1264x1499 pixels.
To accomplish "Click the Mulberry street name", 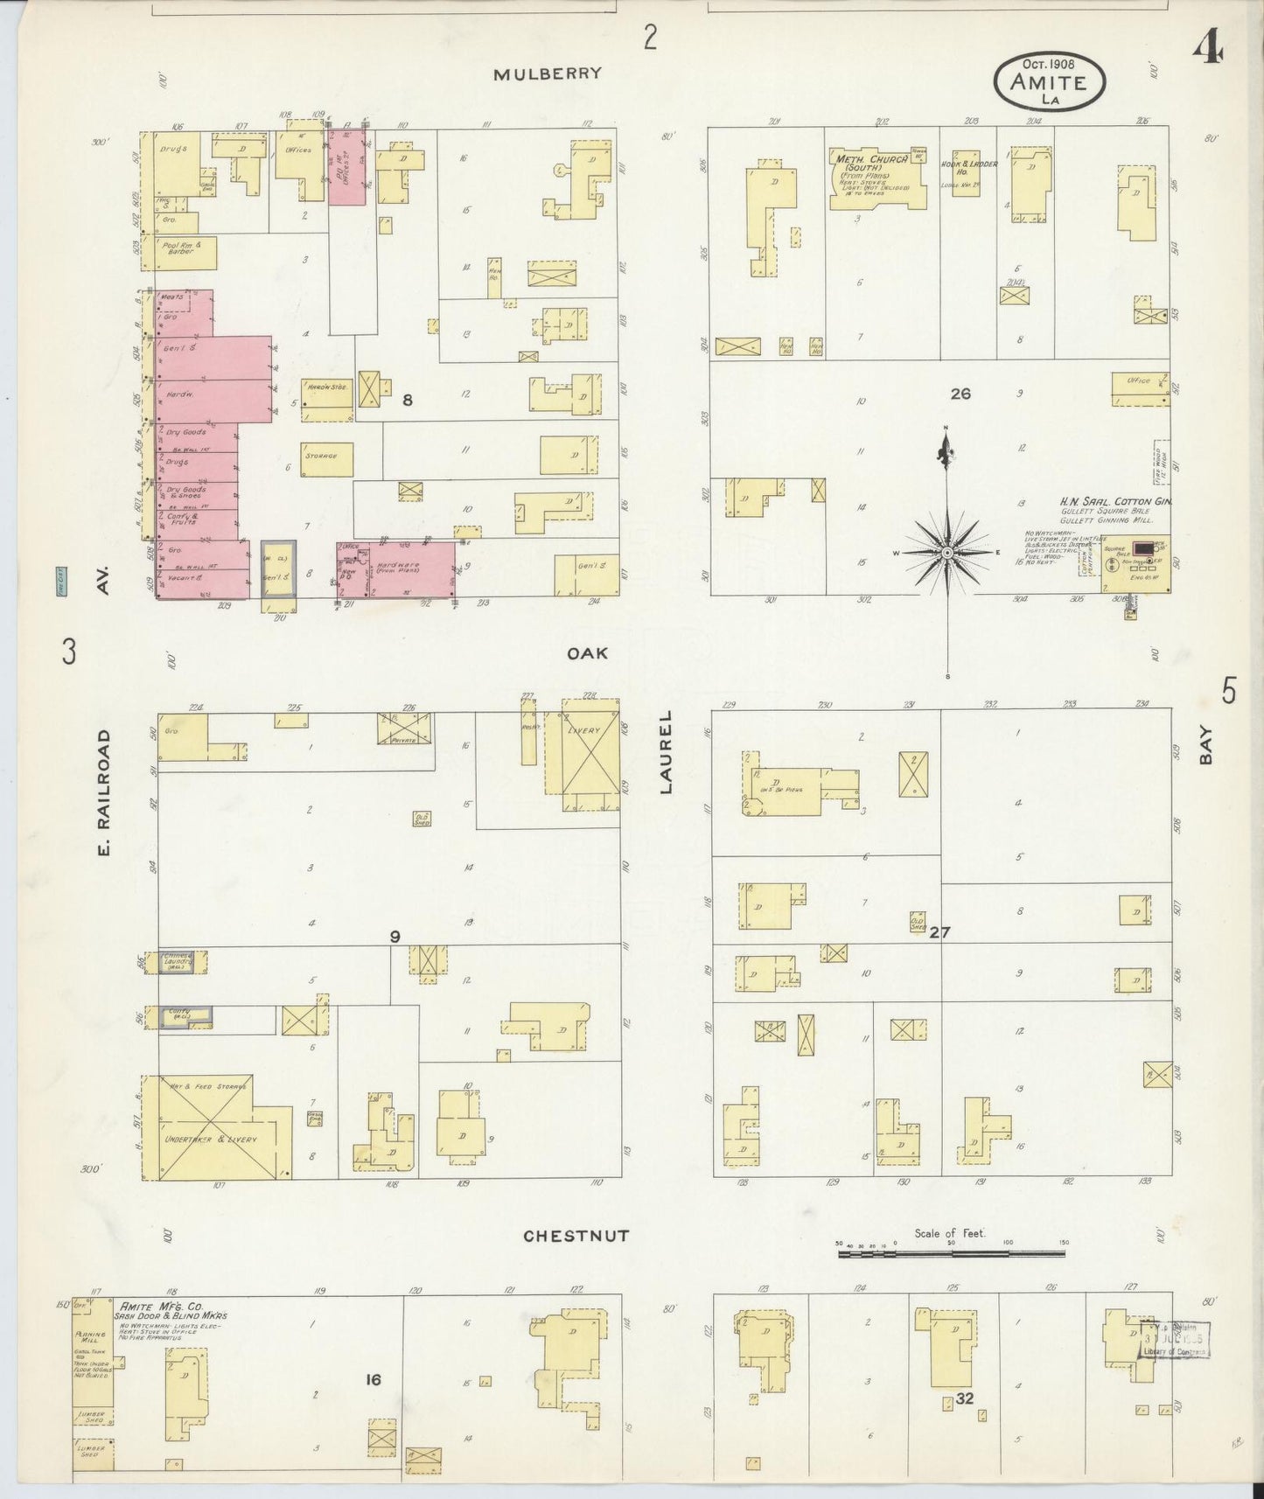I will tap(548, 73).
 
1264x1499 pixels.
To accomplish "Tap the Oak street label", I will tap(587, 653).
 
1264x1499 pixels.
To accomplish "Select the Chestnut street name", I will tap(576, 1236).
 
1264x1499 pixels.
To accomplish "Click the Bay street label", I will tap(1206, 750).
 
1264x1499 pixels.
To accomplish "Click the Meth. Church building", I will tap(877, 178).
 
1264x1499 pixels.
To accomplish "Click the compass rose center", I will tap(947, 553).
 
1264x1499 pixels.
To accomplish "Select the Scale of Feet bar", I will tap(951, 1253).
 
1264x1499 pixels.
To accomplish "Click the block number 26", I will tap(960, 394).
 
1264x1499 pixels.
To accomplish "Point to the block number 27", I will tap(939, 932).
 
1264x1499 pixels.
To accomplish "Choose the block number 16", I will tap(374, 1380).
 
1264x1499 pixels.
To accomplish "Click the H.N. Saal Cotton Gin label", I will tap(1115, 502).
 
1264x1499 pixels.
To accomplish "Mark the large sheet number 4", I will tap(1209, 51).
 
